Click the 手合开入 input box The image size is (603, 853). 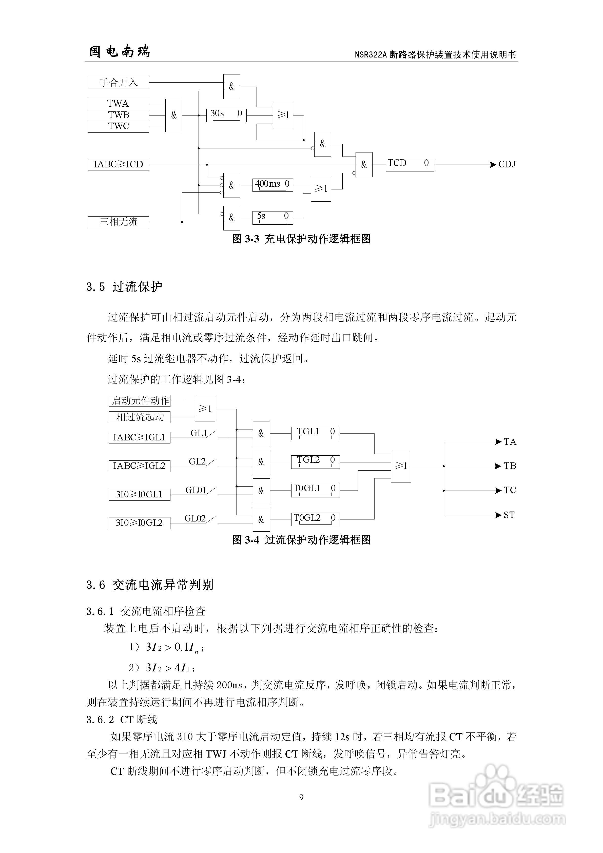point(118,83)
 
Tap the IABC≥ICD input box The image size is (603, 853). point(118,164)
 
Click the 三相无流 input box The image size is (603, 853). point(118,222)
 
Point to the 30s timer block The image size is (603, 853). point(226,115)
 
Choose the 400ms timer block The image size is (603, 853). point(272,185)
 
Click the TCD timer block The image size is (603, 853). point(410,164)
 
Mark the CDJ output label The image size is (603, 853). point(507,164)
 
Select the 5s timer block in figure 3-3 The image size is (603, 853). point(272,217)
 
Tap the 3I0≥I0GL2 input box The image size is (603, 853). point(139,523)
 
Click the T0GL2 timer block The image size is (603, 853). point(315,519)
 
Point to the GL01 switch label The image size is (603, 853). point(196,490)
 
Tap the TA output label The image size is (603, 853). point(510,442)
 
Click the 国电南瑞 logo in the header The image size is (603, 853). point(120,51)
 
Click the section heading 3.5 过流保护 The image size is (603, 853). point(124,287)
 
